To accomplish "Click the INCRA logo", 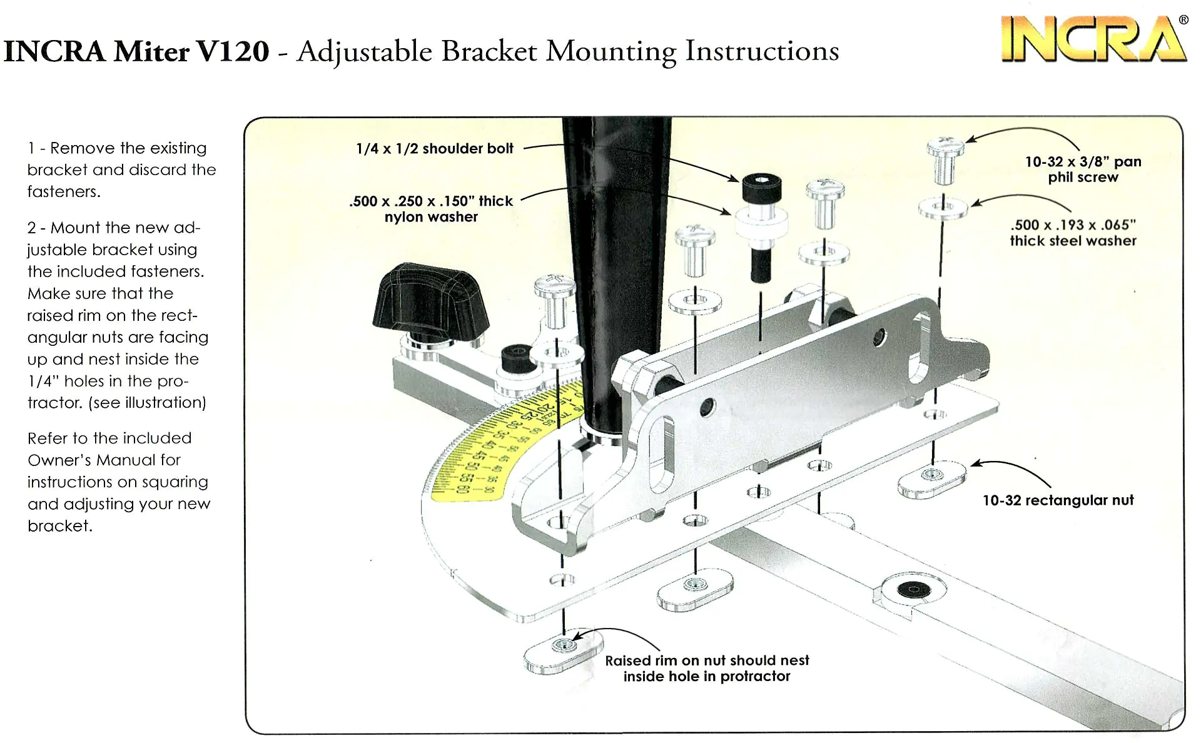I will pos(1093,39).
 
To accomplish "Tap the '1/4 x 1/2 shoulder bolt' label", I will pos(434,149).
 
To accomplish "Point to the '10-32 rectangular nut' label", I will pos(1058,500).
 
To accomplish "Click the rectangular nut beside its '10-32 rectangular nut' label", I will pos(931,480).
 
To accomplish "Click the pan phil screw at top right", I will pos(945,159).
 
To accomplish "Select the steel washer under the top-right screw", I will pos(943,207).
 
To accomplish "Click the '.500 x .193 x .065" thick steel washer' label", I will pos(1073,233).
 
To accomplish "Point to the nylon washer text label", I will pos(431,209).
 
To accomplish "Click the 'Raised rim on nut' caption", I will pos(707,669).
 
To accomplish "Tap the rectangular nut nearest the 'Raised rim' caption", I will pos(564,651).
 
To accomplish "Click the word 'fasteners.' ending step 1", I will pos(64,192).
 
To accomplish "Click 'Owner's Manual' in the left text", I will pos(104,460).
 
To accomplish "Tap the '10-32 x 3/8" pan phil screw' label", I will pos(1083,169).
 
